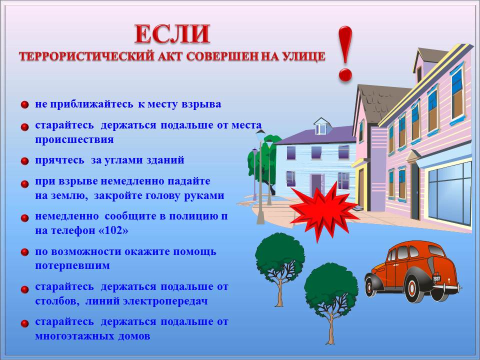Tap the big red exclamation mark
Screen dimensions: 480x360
(x=345, y=54)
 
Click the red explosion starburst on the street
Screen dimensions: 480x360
(x=324, y=211)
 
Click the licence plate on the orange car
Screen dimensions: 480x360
(x=436, y=278)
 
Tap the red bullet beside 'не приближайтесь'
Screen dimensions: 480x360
(x=25, y=104)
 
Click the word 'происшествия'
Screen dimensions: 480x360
(x=74, y=139)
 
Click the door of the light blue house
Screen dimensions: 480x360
(x=317, y=185)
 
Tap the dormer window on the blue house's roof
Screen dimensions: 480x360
(x=321, y=128)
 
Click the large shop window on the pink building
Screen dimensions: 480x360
(x=449, y=193)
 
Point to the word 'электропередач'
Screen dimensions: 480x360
(x=165, y=301)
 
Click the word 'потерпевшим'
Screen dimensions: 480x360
(x=72, y=265)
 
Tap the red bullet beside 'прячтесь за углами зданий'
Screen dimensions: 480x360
(x=25, y=161)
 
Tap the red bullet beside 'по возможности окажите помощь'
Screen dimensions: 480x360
(x=25, y=252)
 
